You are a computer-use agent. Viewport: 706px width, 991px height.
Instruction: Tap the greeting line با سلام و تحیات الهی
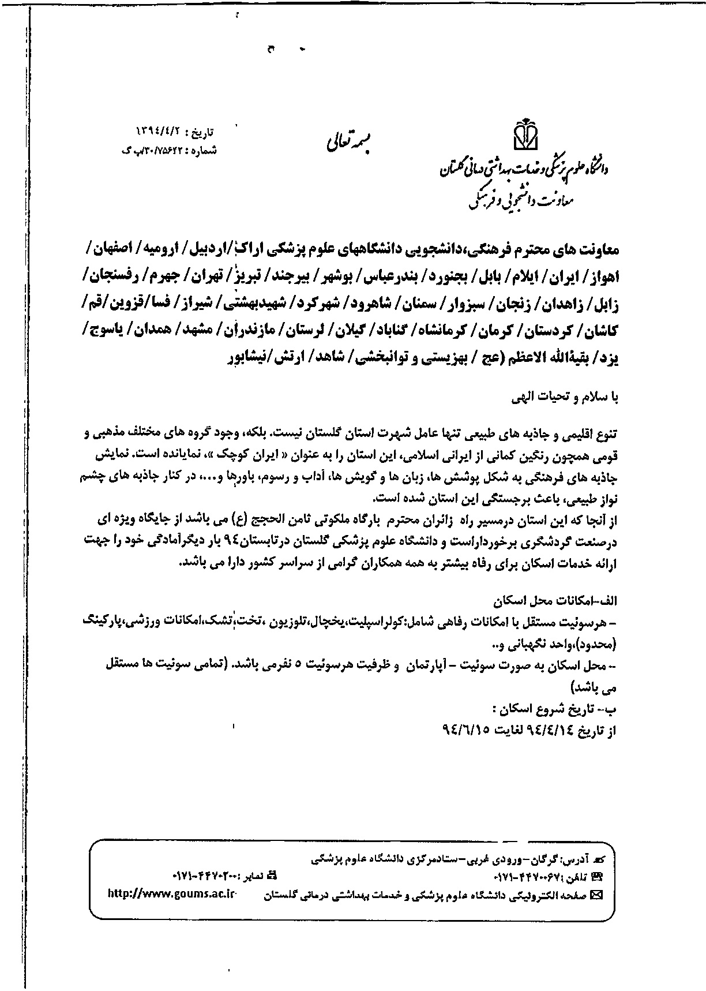(566, 398)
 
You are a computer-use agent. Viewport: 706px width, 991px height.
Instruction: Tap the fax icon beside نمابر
(272, 891)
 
